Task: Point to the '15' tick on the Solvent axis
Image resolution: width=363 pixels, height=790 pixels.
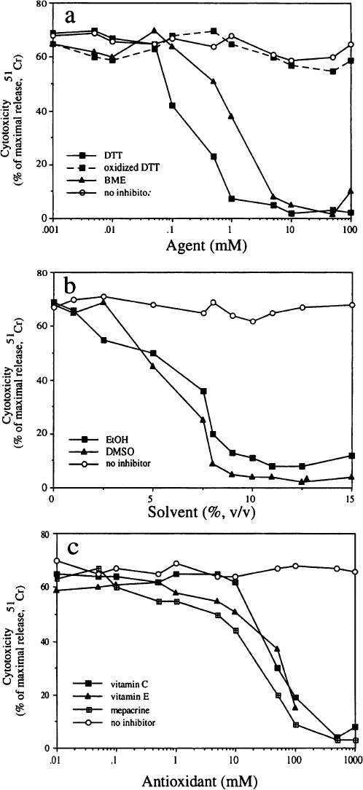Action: (351, 497)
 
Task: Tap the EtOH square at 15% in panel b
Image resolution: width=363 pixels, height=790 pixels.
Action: (351, 456)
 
